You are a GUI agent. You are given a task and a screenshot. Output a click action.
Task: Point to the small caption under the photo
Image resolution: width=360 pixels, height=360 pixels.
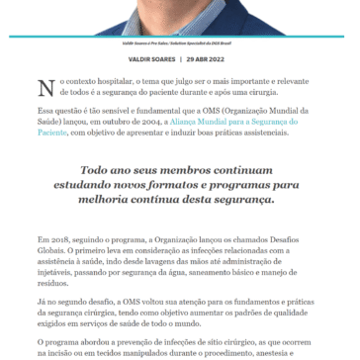coord(179,43)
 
